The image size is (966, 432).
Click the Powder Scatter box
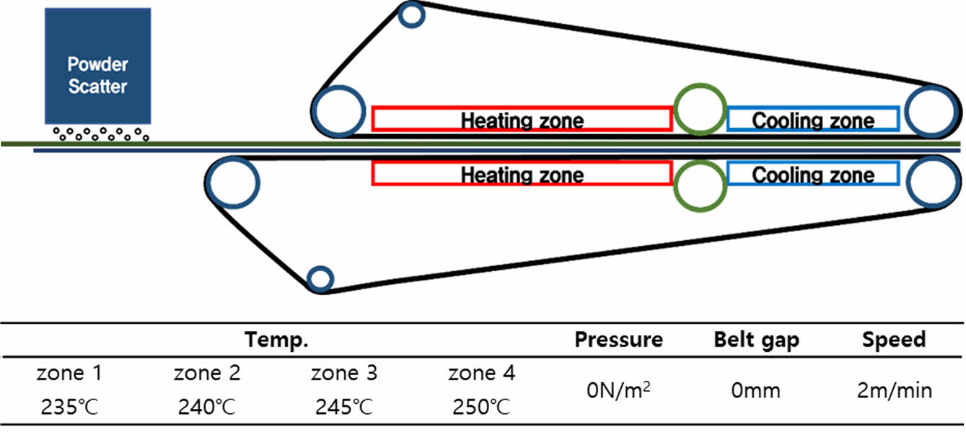tap(97, 66)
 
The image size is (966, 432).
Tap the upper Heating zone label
tap(522, 120)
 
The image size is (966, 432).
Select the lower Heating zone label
tap(522, 174)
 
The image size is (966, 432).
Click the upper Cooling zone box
tap(813, 120)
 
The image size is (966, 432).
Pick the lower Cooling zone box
tap(813, 174)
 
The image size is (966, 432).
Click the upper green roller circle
tap(698, 110)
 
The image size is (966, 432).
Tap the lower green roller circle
tap(698, 184)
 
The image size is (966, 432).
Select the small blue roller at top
tap(410, 15)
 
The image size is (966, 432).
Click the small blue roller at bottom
tap(320, 278)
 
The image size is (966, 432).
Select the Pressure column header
tap(618, 340)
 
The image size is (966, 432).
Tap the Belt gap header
tap(756, 340)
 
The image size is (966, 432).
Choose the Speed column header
tap(893, 340)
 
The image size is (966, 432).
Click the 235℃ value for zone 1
tap(69, 407)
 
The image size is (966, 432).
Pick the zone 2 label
tap(206, 374)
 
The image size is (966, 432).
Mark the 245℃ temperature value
tap(344, 407)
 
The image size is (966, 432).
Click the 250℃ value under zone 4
tap(481, 407)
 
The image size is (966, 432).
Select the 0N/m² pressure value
tap(618, 391)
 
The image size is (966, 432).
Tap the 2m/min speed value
tap(893, 391)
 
